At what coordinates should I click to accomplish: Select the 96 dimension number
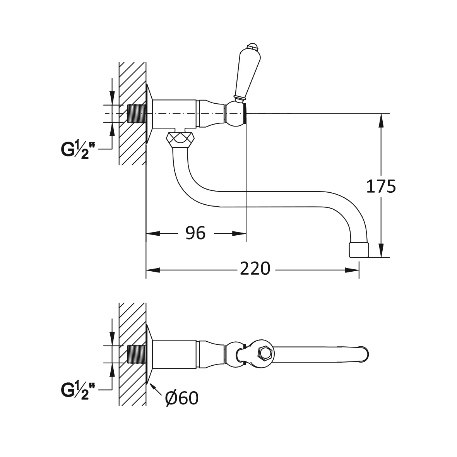[x=195, y=233]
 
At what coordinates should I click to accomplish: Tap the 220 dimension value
[x=255, y=269]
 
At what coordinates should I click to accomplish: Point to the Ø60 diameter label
[x=181, y=398]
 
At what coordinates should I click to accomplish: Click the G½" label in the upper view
[x=78, y=150]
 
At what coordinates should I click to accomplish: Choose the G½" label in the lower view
[x=78, y=390]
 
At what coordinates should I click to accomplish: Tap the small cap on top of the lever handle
[x=252, y=47]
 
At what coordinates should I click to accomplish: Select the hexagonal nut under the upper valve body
[x=180, y=139]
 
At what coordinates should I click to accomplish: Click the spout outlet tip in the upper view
[x=359, y=250]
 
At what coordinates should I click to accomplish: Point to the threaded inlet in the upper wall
[x=137, y=113]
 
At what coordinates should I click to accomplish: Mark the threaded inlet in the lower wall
[x=137, y=354]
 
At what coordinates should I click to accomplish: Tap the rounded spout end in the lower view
[x=364, y=354]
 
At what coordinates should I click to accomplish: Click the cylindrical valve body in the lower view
[x=174, y=354]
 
